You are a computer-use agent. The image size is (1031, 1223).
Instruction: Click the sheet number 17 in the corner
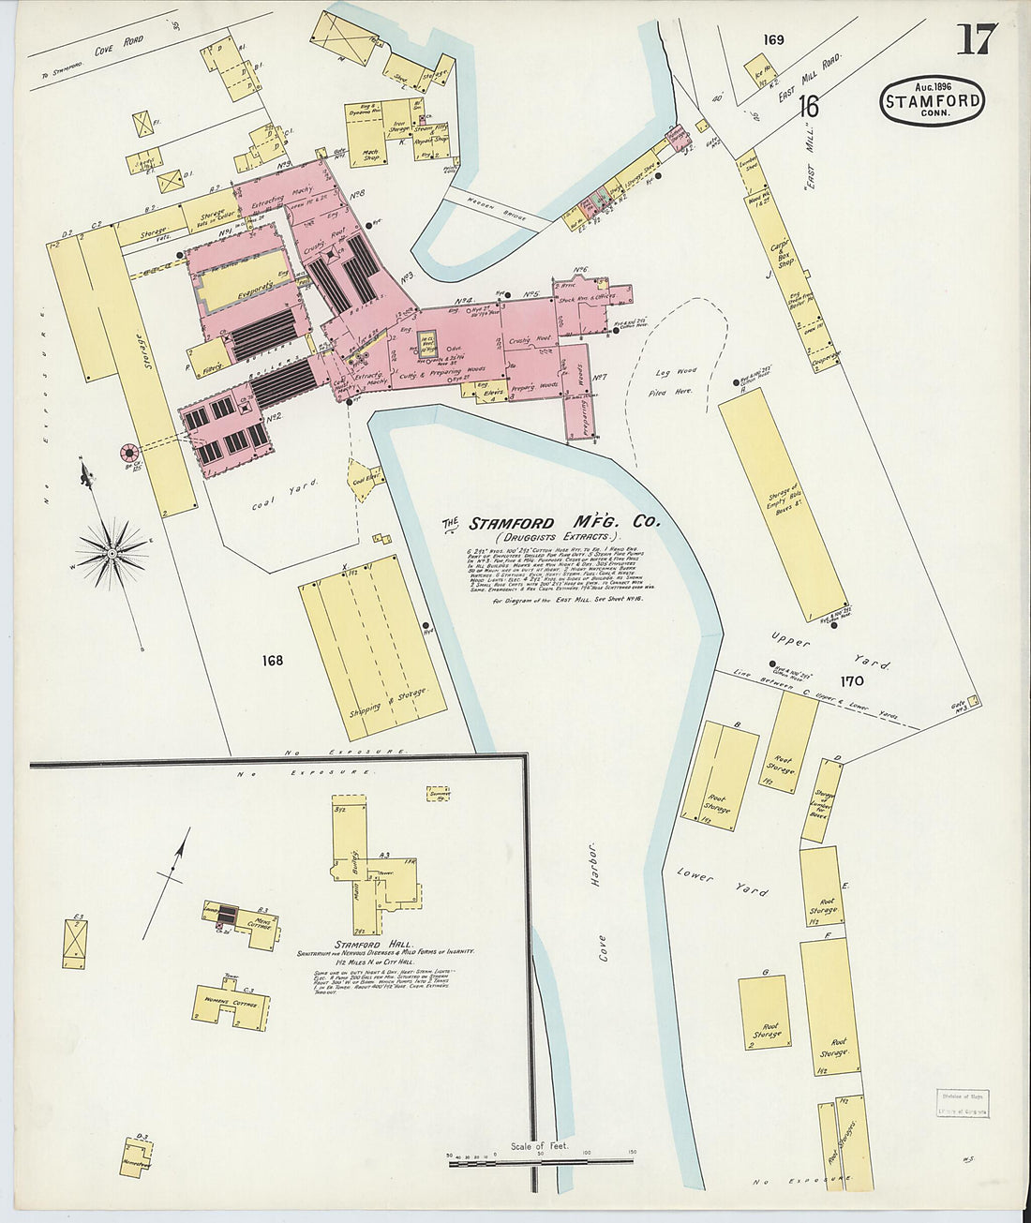click(977, 39)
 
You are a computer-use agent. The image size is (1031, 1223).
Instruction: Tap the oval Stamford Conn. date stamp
click(932, 100)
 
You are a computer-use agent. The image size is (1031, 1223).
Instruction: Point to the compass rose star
click(112, 553)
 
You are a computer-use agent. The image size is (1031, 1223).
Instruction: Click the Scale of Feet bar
click(540, 1163)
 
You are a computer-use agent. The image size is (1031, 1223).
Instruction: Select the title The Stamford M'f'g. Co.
click(551, 523)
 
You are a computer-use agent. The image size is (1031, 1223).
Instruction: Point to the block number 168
click(272, 661)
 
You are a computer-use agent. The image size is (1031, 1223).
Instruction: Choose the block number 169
click(773, 39)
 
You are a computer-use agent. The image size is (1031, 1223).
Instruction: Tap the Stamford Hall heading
click(381, 944)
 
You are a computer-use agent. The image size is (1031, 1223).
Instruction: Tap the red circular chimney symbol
click(127, 454)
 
